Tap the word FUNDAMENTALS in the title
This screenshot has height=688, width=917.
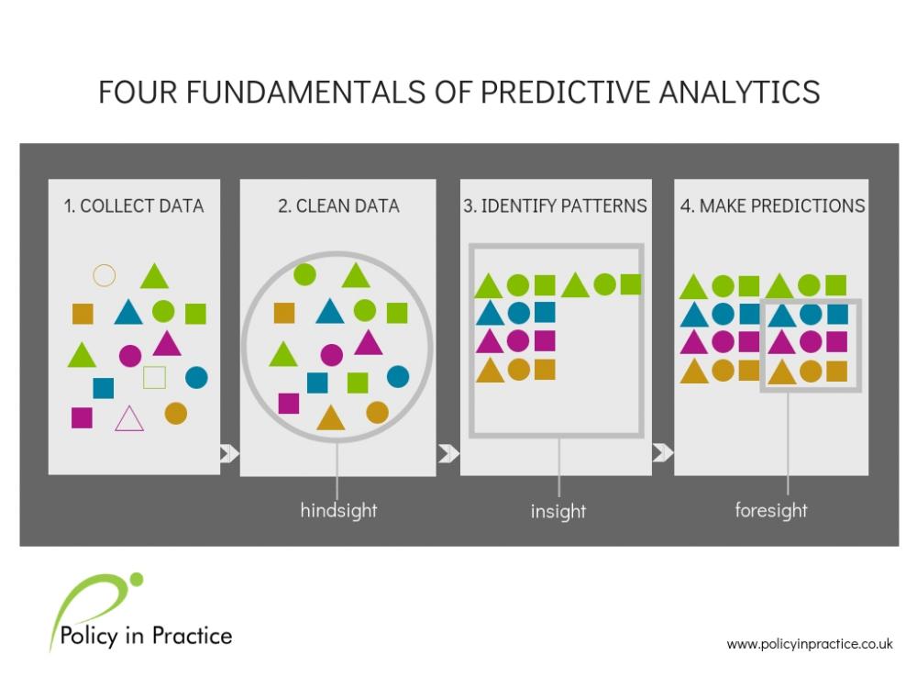pyautogui.click(x=305, y=92)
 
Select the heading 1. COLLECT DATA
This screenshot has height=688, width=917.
pyautogui.click(x=134, y=205)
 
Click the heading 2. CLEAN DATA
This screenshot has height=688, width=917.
pyautogui.click(x=338, y=205)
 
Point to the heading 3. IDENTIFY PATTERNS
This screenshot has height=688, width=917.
pyautogui.click(x=555, y=205)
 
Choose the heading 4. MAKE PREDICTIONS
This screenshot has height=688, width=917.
pyautogui.click(x=772, y=205)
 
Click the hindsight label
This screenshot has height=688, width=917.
pyautogui.click(x=338, y=510)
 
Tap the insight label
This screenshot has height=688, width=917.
pyautogui.click(x=558, y=511)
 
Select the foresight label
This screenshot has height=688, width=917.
pyautogui.click(x=771, y=510)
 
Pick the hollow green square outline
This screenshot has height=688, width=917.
pyautogui.click(x=145, y=377)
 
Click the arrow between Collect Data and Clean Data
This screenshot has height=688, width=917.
pyautogui.click(x=229, y=453)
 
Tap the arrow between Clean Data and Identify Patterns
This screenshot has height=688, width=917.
pyautogui.click(x=448, y=453)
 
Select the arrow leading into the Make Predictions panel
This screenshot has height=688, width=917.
pyautogui.click(x=663, y=452)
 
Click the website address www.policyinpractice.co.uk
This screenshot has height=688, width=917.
pyautogui.click(x=810, y=644)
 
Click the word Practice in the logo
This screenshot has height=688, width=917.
pyautogui.click(x=192, y=636)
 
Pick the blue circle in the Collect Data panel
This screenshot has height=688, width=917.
pyautogui.click(x=196, y=377)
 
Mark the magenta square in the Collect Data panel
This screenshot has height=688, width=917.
pyautogui.click(x=82, y=417)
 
